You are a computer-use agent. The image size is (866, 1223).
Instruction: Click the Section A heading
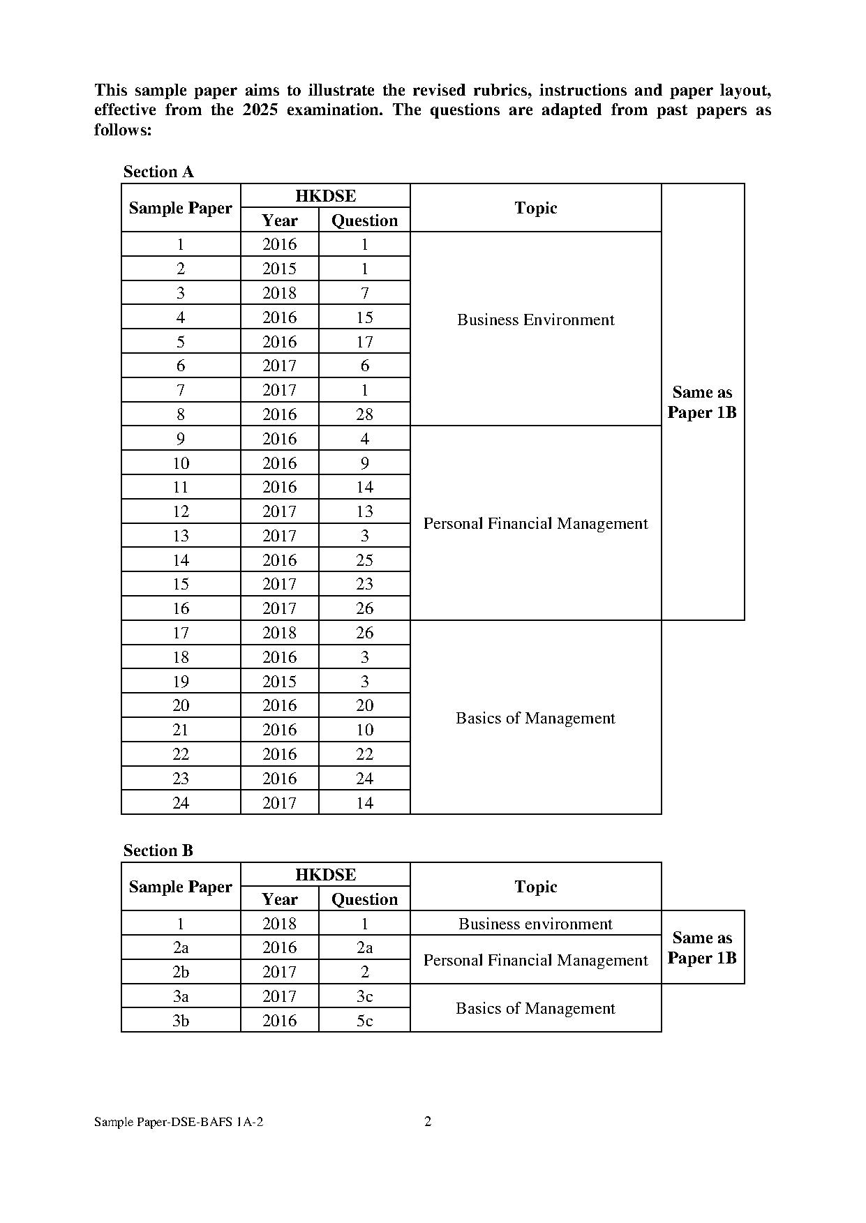[158, 172]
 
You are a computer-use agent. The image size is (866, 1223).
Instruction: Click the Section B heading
[158, 850]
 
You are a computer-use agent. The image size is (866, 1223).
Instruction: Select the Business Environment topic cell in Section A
[535, 320]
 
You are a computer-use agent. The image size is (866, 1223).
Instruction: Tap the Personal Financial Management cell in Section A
[535, 523]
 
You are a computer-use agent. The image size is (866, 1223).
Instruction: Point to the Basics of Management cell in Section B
[535, 1008]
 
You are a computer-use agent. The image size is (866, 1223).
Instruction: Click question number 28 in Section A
[364, 414]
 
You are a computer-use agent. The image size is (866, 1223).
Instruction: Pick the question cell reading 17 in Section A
[364, 342]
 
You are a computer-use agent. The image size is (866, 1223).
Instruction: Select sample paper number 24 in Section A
[181, 803]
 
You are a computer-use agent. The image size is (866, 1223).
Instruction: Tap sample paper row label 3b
[181, 1021]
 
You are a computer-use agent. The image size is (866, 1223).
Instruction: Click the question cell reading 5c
[364, 1021]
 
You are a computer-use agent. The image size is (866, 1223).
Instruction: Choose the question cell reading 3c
[364, 996]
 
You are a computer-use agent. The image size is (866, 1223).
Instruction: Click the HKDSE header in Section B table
[325, 875]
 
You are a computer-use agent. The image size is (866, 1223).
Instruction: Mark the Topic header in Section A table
[535, 208]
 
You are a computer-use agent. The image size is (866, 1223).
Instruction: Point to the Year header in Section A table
[279, 220]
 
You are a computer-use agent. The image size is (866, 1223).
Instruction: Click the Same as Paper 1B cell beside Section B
[702, 947]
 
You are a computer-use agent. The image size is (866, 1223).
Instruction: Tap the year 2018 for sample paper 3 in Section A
[279, 293]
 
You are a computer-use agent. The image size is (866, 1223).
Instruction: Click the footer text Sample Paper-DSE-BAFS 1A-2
[179, 1122]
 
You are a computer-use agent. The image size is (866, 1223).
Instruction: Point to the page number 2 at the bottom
[428, 1121]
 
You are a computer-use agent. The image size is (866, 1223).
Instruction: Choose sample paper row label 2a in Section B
[181, 947]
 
